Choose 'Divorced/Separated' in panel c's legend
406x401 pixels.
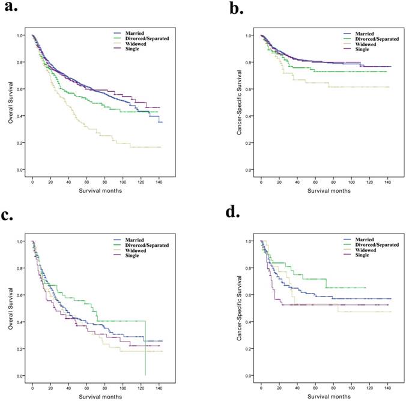tap(153, 245)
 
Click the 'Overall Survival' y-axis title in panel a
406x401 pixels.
tap(10, 103)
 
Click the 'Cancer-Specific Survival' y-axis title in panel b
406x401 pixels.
tap(240, 103)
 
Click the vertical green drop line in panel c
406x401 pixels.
tap(145, 348)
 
